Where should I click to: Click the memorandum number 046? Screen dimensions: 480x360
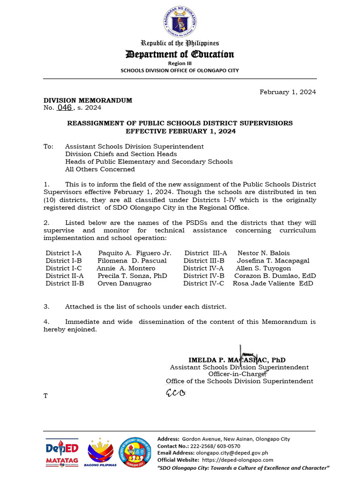point(64,107)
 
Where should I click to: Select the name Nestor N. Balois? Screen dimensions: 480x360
point(263,253)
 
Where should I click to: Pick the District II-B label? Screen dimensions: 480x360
point(65,283)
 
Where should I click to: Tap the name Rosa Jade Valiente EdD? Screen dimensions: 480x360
point(273,283)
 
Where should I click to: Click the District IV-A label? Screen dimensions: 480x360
point(203,268)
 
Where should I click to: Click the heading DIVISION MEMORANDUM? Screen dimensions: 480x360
point(88,100)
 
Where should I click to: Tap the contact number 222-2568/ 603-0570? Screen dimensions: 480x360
point(218,446)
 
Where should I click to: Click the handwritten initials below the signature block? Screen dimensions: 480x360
point(175,392)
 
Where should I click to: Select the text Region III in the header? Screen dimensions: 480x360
point(180,63)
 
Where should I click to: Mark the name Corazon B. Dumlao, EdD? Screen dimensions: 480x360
point(275,276)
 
